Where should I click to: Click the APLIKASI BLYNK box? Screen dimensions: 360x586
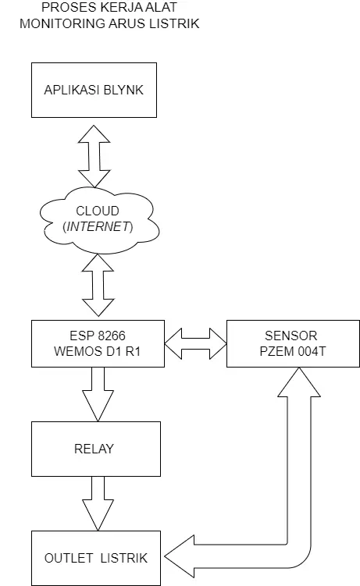(x=94, y=90)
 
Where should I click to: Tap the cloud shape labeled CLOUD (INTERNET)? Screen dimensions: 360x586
(x=99, y=221)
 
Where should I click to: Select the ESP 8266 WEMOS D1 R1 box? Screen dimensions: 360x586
(x=98, y=343)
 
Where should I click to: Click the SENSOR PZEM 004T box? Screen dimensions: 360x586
(x=293, y=343)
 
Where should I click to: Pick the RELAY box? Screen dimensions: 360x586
(x=96, y=449)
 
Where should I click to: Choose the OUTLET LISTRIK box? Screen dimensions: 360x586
(x=96, y=558)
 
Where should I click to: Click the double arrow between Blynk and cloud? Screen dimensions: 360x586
(x=94, y=156)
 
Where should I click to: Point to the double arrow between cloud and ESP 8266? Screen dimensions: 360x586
(x=98, y=286)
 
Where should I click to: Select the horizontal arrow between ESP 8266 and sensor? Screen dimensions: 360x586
(x=195, y=343)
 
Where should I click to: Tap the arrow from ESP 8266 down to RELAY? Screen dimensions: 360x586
(x=98, y=394)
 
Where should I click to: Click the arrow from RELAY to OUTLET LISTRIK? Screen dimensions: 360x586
(x=98, y=503)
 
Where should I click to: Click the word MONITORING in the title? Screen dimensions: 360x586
(x=62, y=23)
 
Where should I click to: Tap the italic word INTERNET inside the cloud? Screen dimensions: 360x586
(x=98, y=226)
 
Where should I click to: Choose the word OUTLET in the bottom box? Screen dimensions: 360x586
(x=69, y=558)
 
